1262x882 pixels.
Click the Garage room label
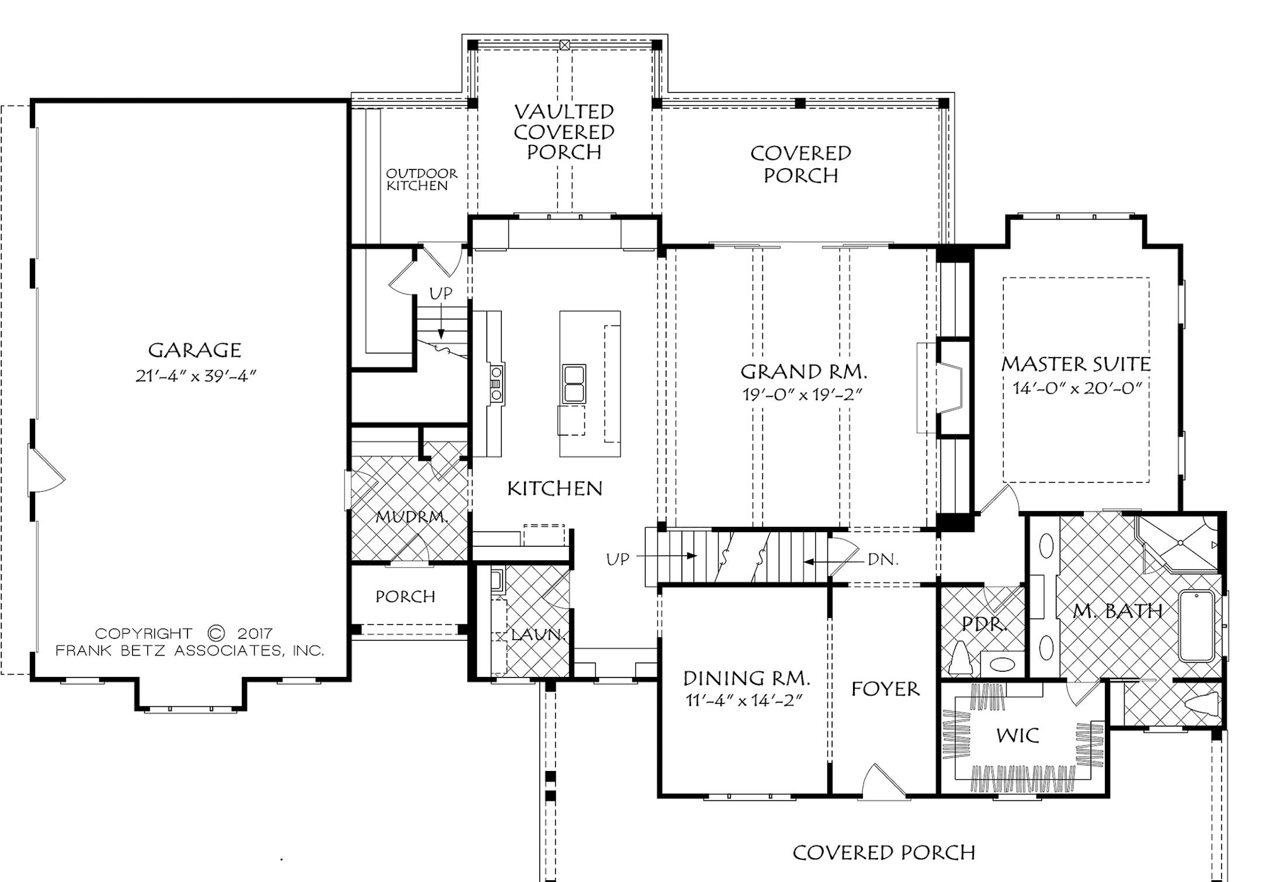[194, 350]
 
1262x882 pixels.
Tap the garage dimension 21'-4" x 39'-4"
[196, 376]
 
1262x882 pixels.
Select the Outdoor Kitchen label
[421, 179]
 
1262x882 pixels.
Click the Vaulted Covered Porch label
[564, 132]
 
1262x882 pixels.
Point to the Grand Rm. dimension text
[802, 395]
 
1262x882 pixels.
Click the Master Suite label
[1076, 364]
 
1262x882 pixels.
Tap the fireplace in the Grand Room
[951, 388]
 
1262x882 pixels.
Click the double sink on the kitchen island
[574, 384]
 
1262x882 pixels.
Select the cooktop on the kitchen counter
[497, 383]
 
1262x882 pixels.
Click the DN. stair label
[882, 560]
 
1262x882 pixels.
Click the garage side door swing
[46, 471]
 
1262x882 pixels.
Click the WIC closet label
[1017, 735]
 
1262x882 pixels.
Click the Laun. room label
[536, 634]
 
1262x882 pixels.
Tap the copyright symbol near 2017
[216, 633]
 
